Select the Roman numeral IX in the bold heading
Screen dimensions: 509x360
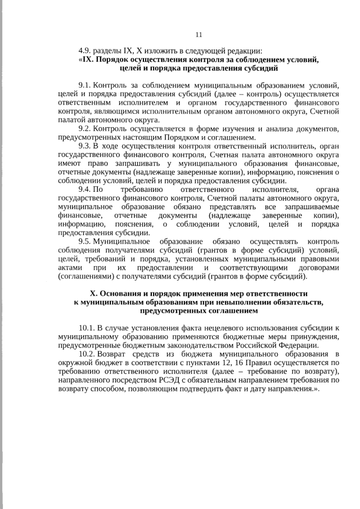point(88,59)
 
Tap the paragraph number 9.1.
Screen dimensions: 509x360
point(85,85)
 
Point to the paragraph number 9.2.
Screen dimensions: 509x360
point(85,128)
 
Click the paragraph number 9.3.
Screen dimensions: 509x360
point(85,146)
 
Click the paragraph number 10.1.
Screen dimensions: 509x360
point(87,327)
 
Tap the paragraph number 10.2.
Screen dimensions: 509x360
point(87,354)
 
